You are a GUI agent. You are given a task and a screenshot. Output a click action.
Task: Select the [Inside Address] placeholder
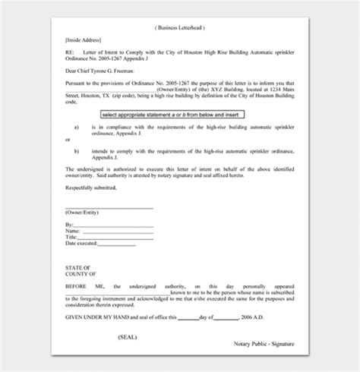tap(81, 40)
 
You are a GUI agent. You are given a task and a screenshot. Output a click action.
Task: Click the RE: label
tap(69, 52)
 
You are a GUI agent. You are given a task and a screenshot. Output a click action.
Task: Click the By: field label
tap(70, 225)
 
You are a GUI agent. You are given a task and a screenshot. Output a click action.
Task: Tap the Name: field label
tap(73, 232)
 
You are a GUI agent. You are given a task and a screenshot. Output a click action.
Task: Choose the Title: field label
tap(72, 237)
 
